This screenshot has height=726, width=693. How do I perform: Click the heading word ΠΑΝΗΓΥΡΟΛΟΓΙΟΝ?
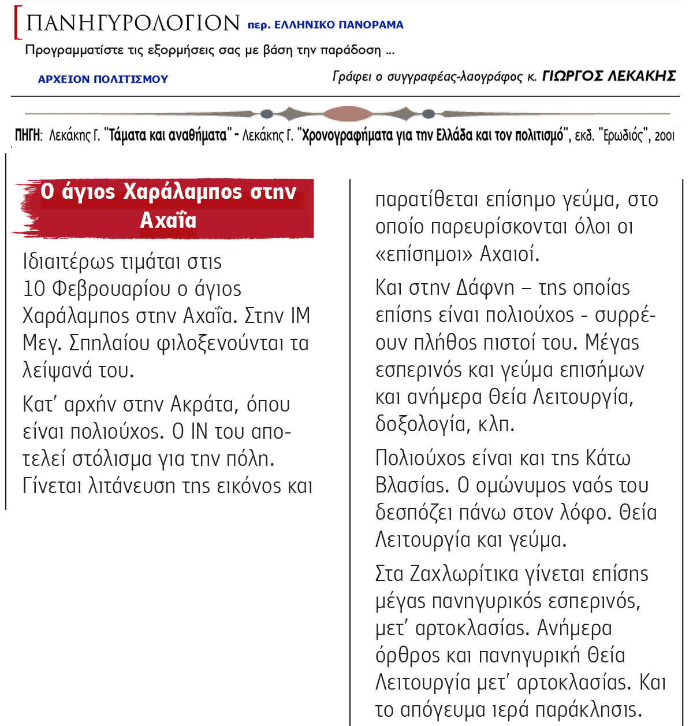[133, 23]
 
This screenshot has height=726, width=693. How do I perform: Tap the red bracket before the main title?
[18, 23]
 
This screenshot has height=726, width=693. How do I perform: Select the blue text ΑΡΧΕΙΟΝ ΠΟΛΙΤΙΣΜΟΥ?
[103, 79]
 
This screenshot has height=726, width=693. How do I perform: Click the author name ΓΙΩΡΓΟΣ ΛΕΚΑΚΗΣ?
[609, 76]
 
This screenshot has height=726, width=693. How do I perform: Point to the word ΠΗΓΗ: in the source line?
[28, 136]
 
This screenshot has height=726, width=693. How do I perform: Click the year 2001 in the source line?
[664, 136]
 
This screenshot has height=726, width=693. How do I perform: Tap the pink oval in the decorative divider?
[347, 113]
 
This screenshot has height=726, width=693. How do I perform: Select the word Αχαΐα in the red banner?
[168, 220]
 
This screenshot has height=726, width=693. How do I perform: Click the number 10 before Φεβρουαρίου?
[33, 289]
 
